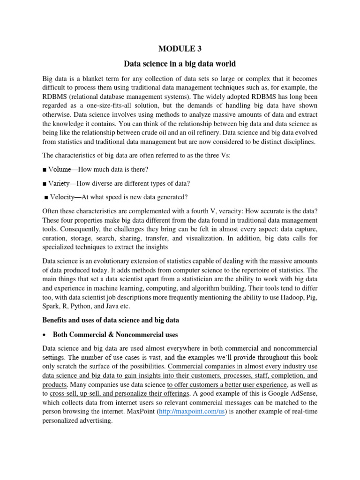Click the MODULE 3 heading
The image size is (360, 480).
tap(180, 48)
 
